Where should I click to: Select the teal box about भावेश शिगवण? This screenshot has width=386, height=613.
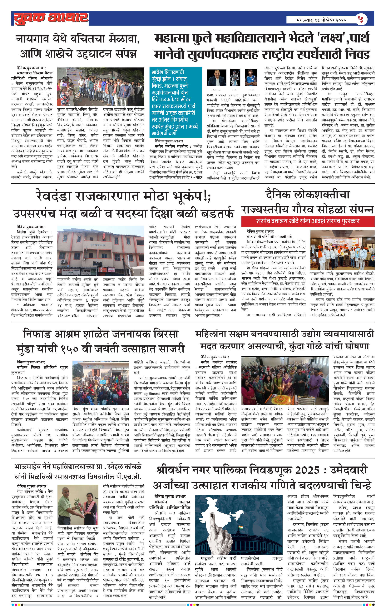tap(176, 102)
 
